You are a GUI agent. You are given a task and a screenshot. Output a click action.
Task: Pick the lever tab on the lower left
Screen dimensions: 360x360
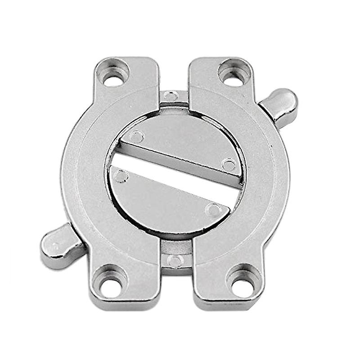click(58, 245)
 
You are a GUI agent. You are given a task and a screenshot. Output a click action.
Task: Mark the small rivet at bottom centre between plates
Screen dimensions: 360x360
click(175, 261)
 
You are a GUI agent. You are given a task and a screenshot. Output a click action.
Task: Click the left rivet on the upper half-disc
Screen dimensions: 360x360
click(136, 136)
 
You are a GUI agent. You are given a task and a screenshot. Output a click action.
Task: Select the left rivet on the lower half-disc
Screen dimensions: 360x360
click(121, 176)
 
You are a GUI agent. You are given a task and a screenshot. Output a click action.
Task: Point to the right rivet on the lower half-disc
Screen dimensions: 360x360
click(212, 209)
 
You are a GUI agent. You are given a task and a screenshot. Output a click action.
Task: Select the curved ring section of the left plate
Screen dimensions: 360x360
click(83, 180)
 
